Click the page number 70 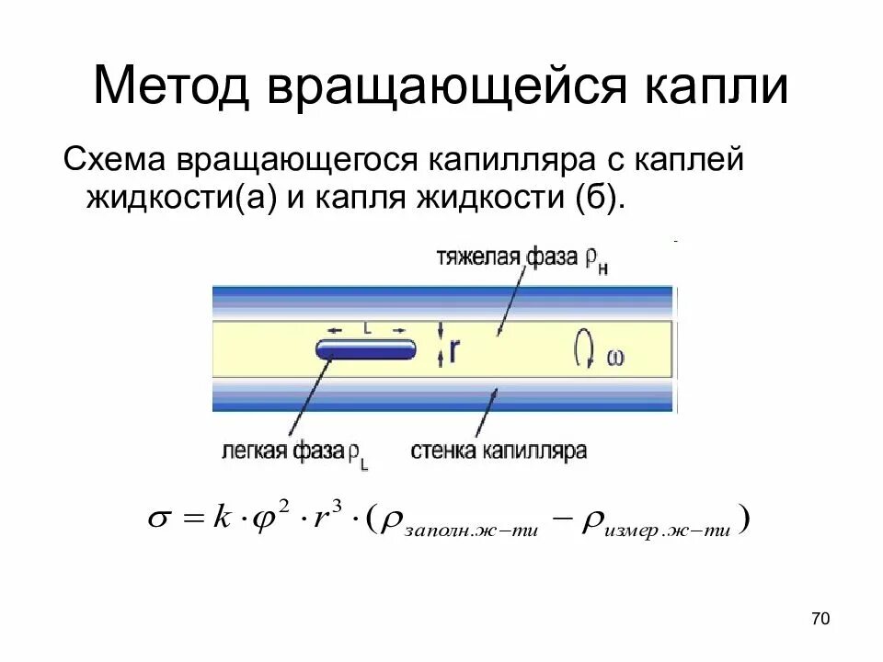pos(820,619)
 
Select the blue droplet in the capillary pos(366,349)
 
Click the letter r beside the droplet pos(454,350)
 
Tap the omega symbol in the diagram pos(614,358)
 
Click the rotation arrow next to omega pos(583,350)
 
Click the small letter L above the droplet pos(366,327)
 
